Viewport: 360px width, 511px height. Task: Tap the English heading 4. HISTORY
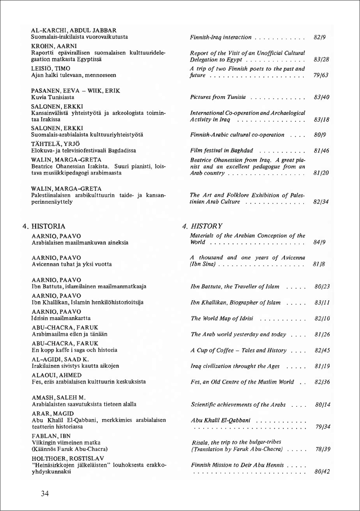[x=202, y=226]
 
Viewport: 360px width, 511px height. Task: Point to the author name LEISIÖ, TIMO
[x=51, y=69]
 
